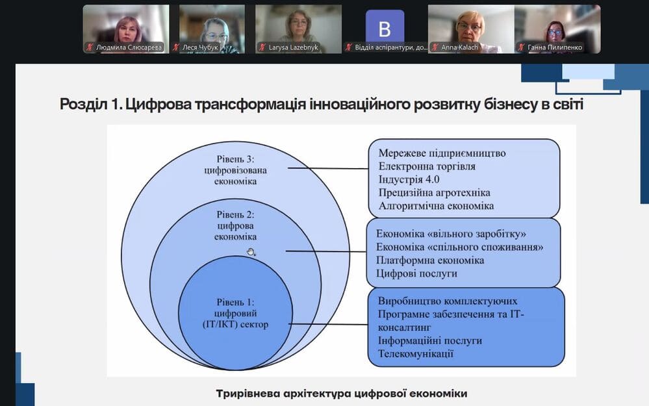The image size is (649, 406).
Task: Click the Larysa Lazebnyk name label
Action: (294, 47)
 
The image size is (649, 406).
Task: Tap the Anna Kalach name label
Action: (459, 47)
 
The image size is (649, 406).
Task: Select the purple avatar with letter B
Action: (385, 27)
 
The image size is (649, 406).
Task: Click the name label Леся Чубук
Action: (200, 47)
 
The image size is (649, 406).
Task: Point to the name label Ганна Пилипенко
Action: (555, 47)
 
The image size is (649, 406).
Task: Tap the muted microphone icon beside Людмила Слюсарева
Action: (90, 47)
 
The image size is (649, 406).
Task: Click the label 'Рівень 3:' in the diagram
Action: (236, 159)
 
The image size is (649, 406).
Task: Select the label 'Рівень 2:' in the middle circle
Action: (236, 214)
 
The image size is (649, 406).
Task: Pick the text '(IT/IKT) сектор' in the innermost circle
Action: (236, 324)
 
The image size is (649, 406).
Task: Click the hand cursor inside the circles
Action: (251, 251)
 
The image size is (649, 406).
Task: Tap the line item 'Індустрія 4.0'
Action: (409, 179)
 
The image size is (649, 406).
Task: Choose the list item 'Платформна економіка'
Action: (430, 260)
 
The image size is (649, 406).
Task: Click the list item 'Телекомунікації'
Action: (416, 354)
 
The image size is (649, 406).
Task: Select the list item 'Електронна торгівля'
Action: (427, 166)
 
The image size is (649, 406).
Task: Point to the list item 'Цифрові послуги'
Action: (416, 273)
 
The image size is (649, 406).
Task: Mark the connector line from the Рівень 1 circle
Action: (329, 324)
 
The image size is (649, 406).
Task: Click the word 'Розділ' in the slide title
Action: (84, 104)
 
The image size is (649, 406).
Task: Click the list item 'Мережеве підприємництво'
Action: (442, 153)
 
